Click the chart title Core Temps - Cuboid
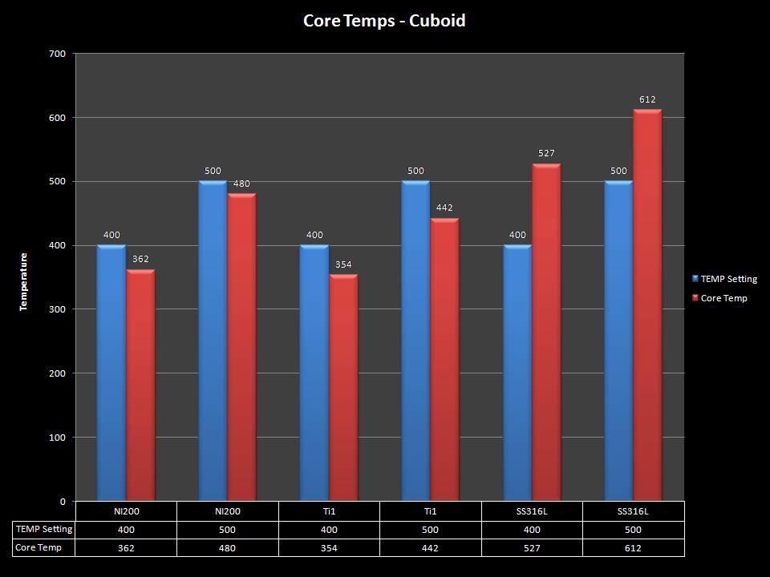click(384, 21)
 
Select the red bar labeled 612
click(647, 305)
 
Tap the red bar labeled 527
click(546, 333)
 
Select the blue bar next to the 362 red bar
click(111, 373)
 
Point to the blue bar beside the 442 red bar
click(415, 341)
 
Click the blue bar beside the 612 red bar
click(618, 341)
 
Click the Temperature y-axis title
click(24, 282)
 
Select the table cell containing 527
click(532, 548)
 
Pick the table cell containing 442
click(431, 548)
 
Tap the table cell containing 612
click(634, 548)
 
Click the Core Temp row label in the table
click(38, 547)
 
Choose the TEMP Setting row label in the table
click(44, 529)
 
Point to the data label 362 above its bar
click(140, 259)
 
